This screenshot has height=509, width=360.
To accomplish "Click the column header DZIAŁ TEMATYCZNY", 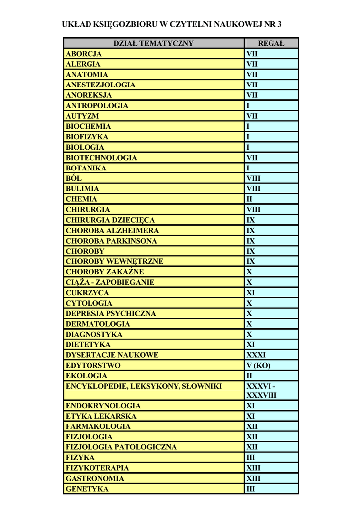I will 153,43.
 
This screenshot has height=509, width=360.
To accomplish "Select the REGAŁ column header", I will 271,43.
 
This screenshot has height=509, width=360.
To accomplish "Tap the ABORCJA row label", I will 84,54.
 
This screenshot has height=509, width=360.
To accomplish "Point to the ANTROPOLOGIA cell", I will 97,106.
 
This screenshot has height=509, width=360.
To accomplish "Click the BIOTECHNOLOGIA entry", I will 101,158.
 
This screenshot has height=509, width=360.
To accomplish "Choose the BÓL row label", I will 74,178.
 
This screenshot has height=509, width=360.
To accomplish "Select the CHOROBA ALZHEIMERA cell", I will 112,231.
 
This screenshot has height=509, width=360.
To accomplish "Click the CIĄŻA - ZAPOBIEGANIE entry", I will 110,282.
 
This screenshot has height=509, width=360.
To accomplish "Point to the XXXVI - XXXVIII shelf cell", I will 262,391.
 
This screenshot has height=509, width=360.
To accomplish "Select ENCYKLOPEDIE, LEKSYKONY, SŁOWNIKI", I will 144,386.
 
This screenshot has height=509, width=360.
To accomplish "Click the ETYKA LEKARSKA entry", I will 101,416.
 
